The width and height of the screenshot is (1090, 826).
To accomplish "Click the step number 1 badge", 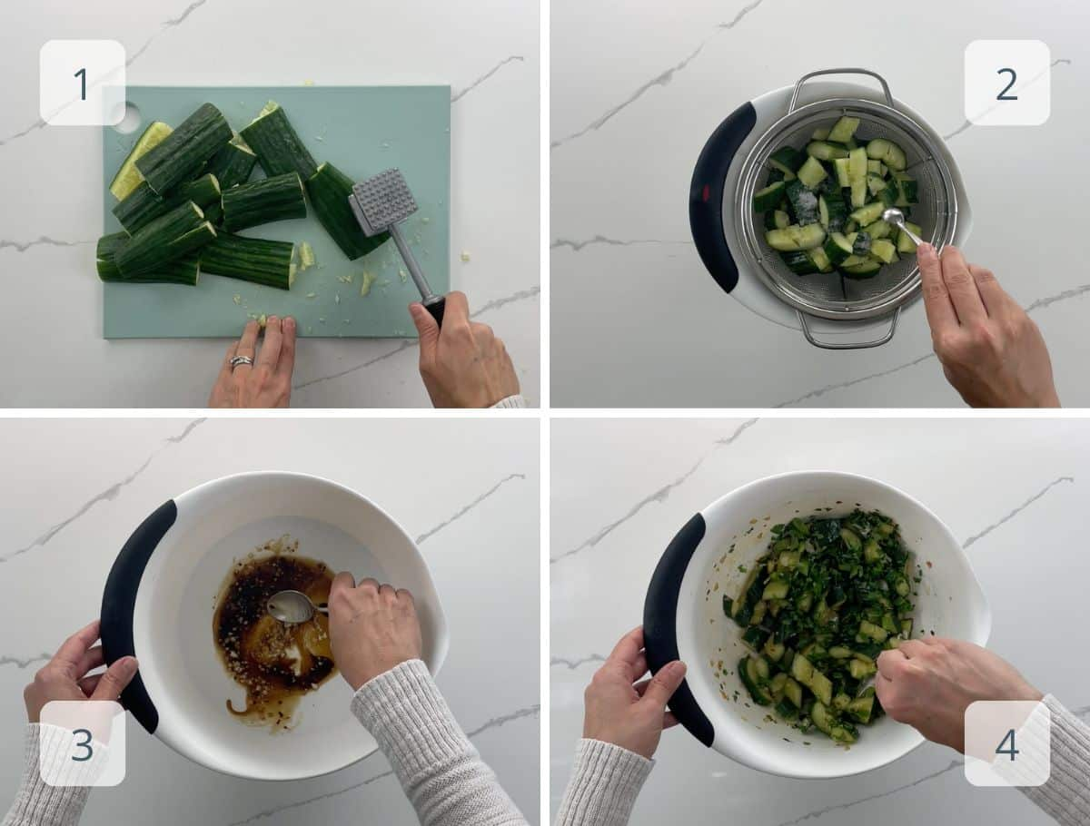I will click(x=82, y=83).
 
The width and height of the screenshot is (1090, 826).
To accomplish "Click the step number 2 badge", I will click(x=1006, y=83).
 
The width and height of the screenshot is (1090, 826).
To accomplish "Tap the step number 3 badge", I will click(x=82, y=743).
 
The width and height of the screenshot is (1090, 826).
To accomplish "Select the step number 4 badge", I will click(x=1006, y=743).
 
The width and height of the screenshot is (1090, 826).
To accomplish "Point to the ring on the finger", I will click(x=241, y=361).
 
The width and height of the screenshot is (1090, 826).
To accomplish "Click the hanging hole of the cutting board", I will click(x=126, y=117).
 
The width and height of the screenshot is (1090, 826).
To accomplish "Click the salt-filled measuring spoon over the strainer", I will click(x=892, y=217).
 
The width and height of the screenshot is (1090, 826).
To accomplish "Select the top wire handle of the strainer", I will click(x=840, y=79).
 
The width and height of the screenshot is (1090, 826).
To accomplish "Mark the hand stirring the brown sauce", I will click(x=372, y=626).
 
